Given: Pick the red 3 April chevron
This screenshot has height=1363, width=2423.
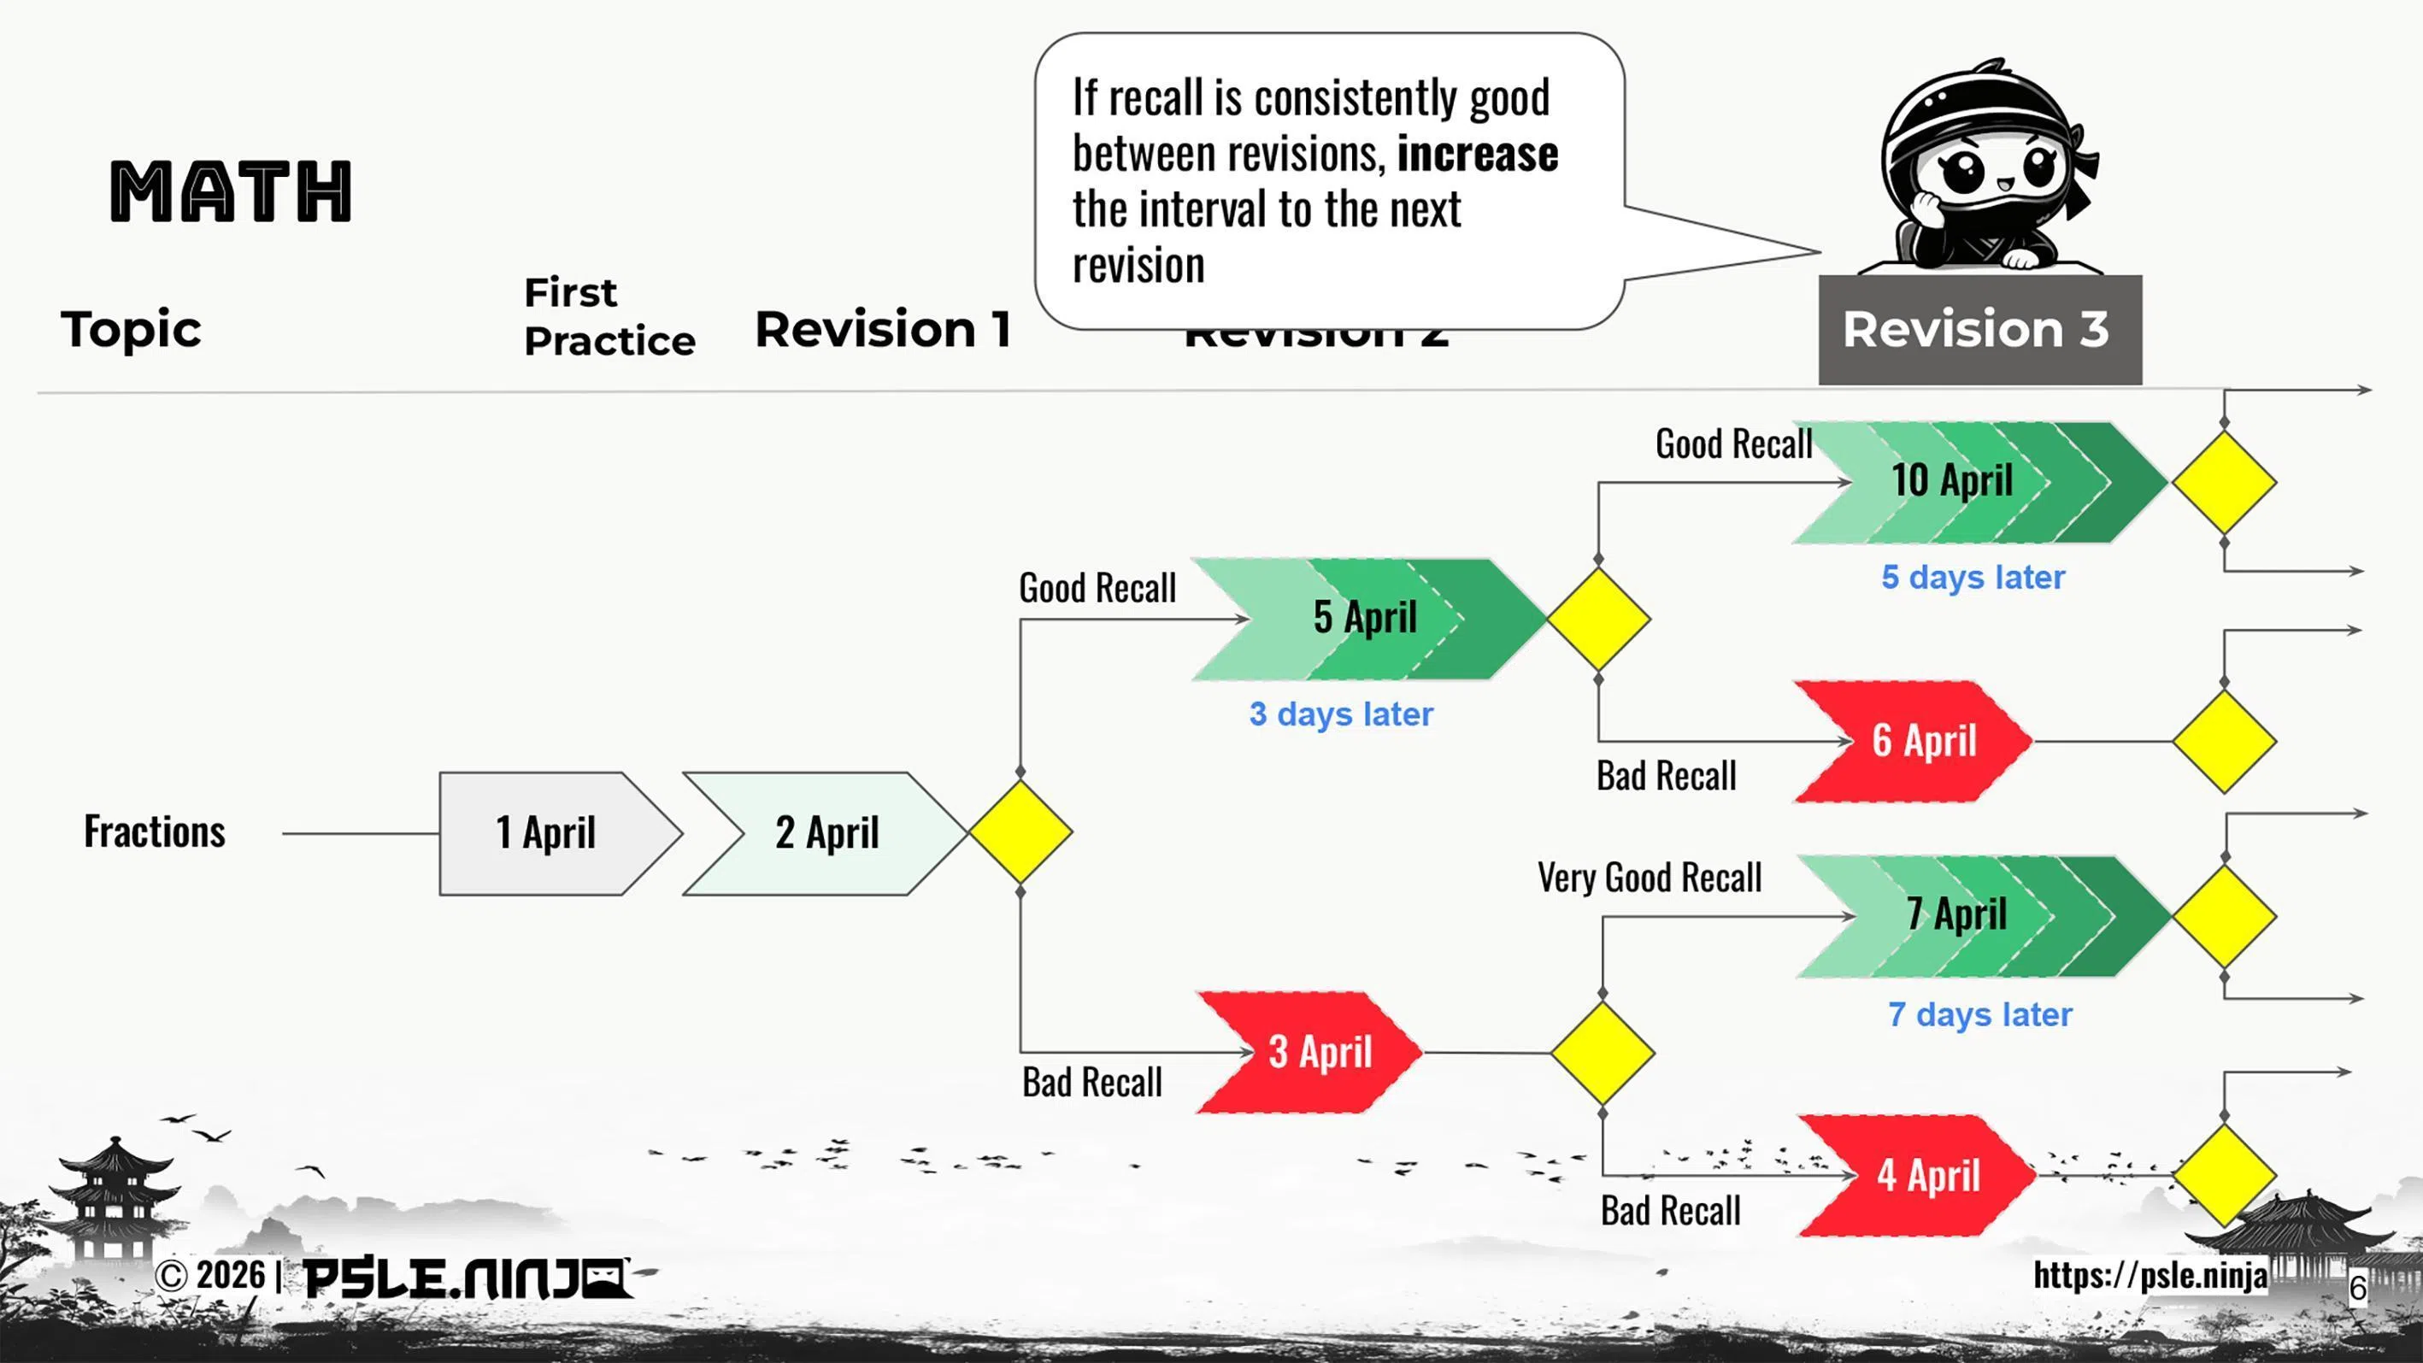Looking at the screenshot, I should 1317,1053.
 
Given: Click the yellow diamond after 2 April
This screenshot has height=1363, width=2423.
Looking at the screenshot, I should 1020,831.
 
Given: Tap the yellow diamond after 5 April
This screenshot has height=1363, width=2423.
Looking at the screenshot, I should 1598,619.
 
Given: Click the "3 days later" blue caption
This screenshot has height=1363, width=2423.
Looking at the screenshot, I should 1341,714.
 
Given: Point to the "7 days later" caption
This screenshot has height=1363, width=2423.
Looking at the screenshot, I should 1980,1015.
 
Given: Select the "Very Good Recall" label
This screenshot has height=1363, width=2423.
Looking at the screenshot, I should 1650,878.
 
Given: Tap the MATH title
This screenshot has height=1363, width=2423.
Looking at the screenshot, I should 232,192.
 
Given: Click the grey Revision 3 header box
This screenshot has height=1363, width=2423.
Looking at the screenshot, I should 1980,329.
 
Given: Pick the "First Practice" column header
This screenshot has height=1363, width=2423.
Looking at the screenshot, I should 609,317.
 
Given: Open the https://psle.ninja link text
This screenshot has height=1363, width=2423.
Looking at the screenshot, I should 2150,1276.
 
